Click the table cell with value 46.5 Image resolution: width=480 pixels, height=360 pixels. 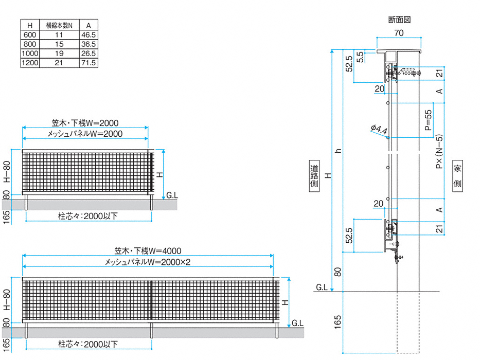pyautogui.click(x=88, y=35)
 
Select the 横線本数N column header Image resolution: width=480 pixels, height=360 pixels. pyautogui.click(x=59, y=25)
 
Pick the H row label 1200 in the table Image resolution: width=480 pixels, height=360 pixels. pyautogui.click(x=30, y=63)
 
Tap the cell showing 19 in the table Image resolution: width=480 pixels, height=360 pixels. pyautogui.click(x=59, y=53)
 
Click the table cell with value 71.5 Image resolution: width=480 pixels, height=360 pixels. pyautogui.click(x=88, y=63)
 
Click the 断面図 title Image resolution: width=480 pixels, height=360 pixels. pyautogui.click(x=399, y=20)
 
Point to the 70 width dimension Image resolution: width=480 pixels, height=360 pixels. pyautogui.click(x=399, y=33)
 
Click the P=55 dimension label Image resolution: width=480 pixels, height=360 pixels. pyautogui.click(x=429, y=121)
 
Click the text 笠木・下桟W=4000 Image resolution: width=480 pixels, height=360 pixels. pyautogui.click(x=147, y=251)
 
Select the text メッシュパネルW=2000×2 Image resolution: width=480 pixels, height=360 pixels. pyautogui.click(x=147, y=262)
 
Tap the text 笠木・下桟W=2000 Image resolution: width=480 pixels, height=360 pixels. pyautogui.click(x=85, y=123)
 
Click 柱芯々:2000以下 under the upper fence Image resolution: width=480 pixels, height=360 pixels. pyautogui.click(x=87, y=215)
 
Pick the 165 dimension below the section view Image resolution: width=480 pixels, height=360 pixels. pyautogui.click(x=337, y=322)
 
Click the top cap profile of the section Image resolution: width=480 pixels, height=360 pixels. pyautogui.click(x=399, y=52)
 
